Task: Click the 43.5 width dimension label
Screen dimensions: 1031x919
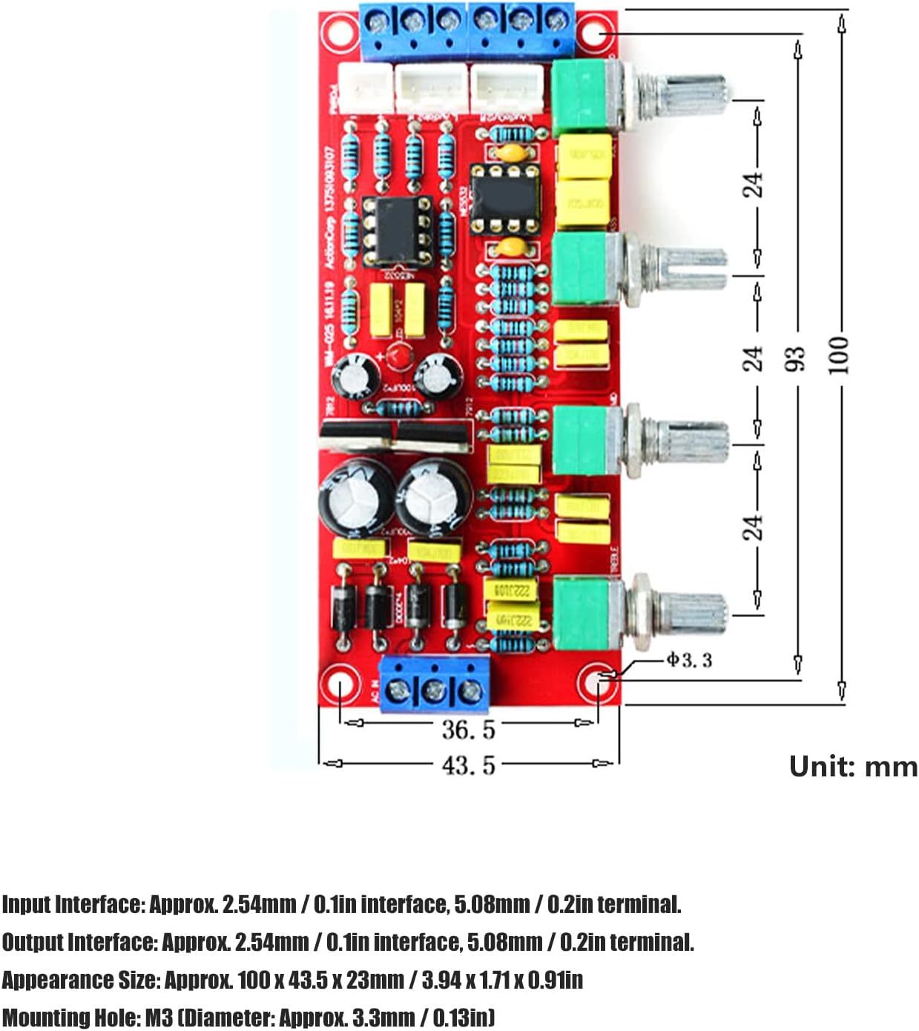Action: point(468,765)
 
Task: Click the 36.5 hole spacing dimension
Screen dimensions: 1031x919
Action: point(468,729)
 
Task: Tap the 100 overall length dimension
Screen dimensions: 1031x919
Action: point(838,354)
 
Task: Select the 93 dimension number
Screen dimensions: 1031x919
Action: point(795,359)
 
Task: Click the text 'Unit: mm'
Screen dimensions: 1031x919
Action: point(853,766)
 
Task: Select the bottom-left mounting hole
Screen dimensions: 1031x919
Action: point(339,683)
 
